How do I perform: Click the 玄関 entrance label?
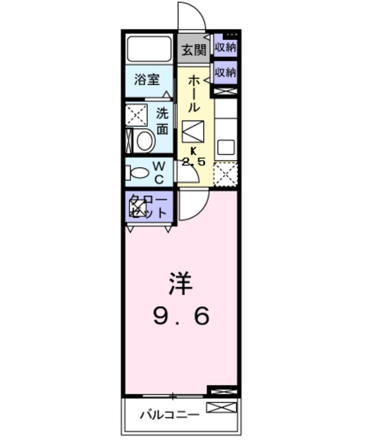194,49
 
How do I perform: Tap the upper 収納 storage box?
225,48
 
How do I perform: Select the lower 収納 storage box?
225,72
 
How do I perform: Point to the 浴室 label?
147,79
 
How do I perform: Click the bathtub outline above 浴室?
149,50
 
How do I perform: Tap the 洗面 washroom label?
162,121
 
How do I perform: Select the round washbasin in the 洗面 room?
145,141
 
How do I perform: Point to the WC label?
158,172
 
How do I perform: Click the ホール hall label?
194,94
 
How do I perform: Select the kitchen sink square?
226,147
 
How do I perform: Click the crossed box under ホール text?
193,130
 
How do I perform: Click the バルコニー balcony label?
169,415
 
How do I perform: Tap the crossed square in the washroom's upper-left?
136,114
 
